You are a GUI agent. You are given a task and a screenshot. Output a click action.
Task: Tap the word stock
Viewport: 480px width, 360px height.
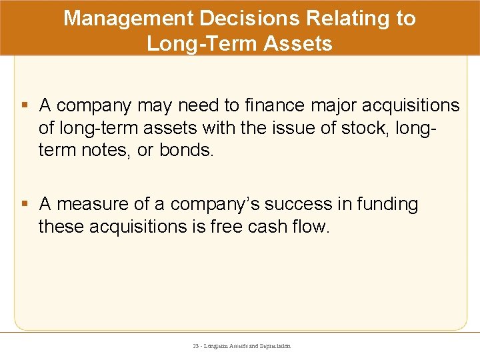(364, 128)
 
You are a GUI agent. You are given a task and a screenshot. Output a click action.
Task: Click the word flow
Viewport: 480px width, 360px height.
(311, 227)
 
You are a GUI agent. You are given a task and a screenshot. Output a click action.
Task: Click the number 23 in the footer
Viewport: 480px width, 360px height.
(195, 346)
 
